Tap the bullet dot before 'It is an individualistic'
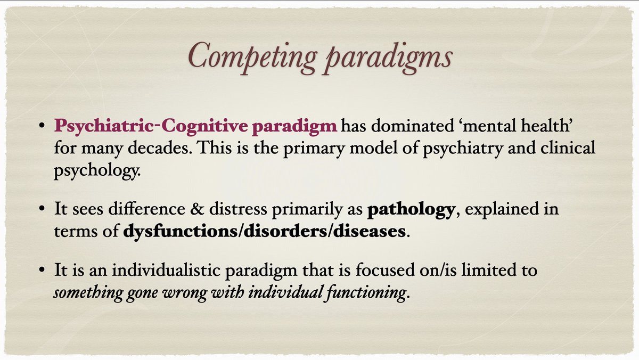[42, 272]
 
